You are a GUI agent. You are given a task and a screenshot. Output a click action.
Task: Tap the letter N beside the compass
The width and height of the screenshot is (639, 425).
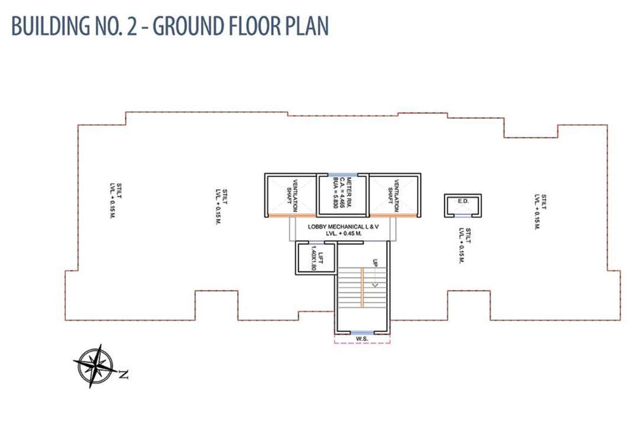click(x=123, y=374)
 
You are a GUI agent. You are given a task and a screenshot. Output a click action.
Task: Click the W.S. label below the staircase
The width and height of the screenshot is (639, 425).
click(x=362, y=339)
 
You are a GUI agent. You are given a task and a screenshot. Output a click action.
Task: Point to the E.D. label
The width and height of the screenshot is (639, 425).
click(x=464, y=201)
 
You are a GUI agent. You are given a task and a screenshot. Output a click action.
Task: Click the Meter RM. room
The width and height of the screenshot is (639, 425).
click(x=342, y=194)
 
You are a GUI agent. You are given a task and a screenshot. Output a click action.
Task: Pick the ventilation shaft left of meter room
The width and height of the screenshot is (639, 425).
click(x=291, y=195)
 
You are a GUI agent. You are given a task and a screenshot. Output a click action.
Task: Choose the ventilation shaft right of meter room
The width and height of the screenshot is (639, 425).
click(x=394, y=195)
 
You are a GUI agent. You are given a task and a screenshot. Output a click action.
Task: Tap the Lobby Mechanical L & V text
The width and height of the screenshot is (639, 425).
click(x=343, y=226)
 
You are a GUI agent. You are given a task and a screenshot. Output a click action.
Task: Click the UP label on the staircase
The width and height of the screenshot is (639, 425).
click(x=375, y=263)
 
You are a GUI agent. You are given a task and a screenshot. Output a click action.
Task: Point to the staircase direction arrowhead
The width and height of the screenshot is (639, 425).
click(x=375, y=285)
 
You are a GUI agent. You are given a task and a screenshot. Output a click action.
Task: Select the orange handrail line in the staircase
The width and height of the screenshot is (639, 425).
click(x=362, y=288)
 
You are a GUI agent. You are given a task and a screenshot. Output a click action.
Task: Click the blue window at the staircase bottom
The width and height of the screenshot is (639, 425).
click(x=362, y=333)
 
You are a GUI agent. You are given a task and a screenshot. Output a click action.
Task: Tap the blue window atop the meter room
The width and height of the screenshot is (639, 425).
click(x=343, y=175)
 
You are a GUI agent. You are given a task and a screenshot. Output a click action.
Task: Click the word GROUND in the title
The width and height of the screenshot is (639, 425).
click(x=188, y=25)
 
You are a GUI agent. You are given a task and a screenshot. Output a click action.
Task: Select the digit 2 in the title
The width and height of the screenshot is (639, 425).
click(x=131, y=26)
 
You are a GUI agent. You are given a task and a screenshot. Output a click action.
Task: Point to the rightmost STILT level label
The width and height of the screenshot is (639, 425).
click(x=541, y=212)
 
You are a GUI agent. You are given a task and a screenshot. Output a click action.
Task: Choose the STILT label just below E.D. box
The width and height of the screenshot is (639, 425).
click(x=465, y=245)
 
